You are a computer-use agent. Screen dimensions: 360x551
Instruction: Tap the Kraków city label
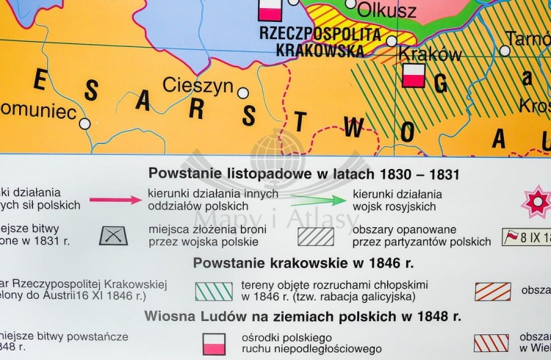pyautogui.click(x=430, y=55)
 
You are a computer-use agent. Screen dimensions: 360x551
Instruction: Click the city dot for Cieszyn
pyautogui.click(x=242, y=93)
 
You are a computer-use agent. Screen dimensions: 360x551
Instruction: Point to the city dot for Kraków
pyautogui.click(x=392, y=41)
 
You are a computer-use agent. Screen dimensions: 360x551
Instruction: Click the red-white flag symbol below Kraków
pyautogui.click(x=414, y=75)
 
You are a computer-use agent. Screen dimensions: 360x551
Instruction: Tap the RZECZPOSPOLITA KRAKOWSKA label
pyautogui.click(x=321, y=41)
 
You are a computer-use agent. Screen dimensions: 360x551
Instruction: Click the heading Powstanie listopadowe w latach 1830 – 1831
pyautogui.click(x=303, y=174)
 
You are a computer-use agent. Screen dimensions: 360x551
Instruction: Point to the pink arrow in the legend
pyautogui.click(x=115, y=199)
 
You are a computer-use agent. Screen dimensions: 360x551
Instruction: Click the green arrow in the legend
pyautogui.click(x=317, y=200)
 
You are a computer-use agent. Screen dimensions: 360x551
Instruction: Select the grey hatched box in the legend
pyautogui.click(x=316, y=236)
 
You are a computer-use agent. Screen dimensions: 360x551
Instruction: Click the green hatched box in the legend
pyautogui.click(x=214, y=291)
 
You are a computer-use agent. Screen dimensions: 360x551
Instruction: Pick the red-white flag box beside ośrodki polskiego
pyautogui.click(x=214, y=342)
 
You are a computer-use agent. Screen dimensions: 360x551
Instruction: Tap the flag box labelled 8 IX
pyautogui.click(x=524, y=237)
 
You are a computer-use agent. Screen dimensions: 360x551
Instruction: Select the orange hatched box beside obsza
pyautogui.click(x=492, y=291)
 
